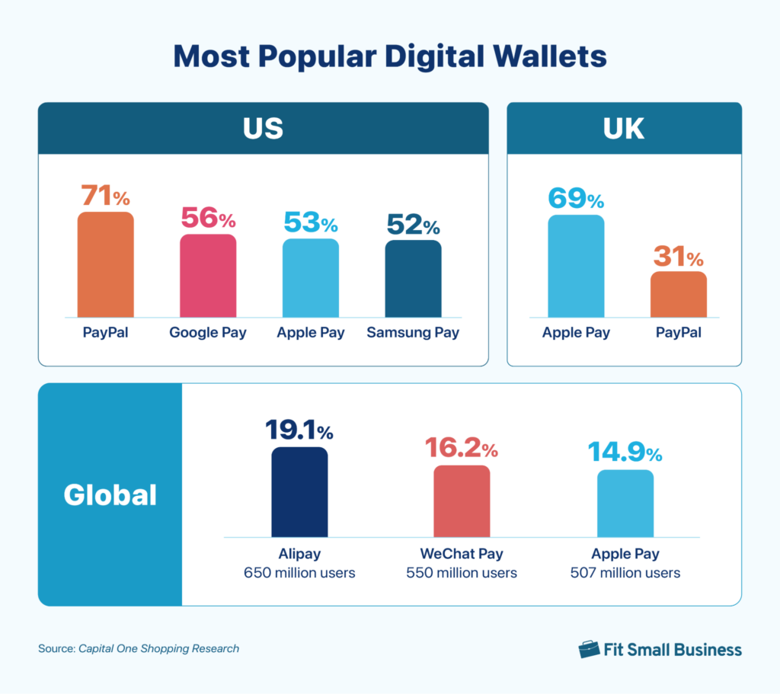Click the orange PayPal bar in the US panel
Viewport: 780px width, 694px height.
point(105,264)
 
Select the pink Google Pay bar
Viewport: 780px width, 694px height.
point(208,276)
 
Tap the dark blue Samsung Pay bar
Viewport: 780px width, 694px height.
point(413,279)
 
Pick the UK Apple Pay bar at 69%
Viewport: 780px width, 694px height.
point(576,266)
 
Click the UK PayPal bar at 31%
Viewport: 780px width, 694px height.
point(678,294)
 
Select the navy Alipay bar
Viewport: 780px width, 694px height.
point(299,492)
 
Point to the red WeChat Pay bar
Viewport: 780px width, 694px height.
point(462,501)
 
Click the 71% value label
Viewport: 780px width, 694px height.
point(106,197)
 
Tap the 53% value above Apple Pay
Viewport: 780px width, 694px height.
point(310,223)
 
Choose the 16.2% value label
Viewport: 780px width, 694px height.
point(462,449)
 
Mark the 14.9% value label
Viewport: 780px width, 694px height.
point(625,453)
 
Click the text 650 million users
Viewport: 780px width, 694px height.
point(299,572)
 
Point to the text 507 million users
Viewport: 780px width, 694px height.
point(625,572)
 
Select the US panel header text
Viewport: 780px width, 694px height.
point(263,128)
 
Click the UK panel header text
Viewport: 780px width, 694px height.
point(624,128)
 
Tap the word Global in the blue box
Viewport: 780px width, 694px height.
point(110,495)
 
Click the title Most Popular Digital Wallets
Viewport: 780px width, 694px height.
point(390,56)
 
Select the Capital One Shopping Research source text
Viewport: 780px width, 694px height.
point(158,649)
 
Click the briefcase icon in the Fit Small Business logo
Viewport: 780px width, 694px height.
point(589,649)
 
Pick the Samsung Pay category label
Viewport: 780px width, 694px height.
point(413,333)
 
